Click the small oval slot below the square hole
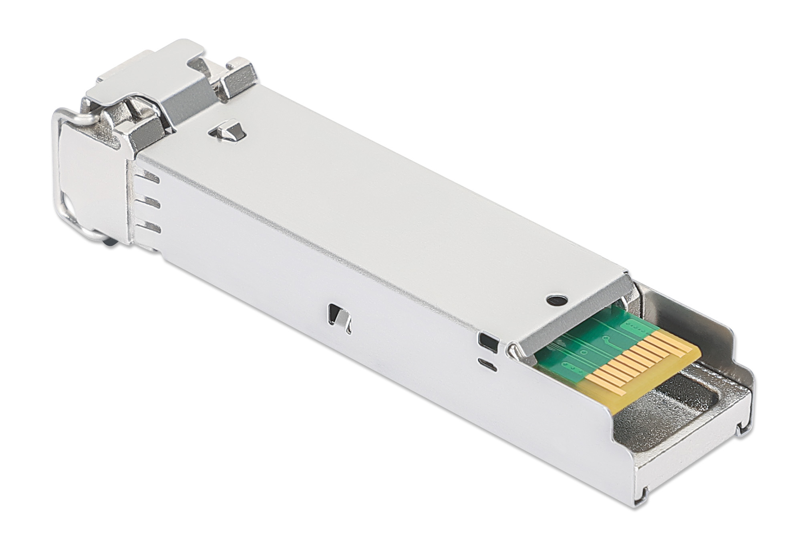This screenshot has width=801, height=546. point(487,364)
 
